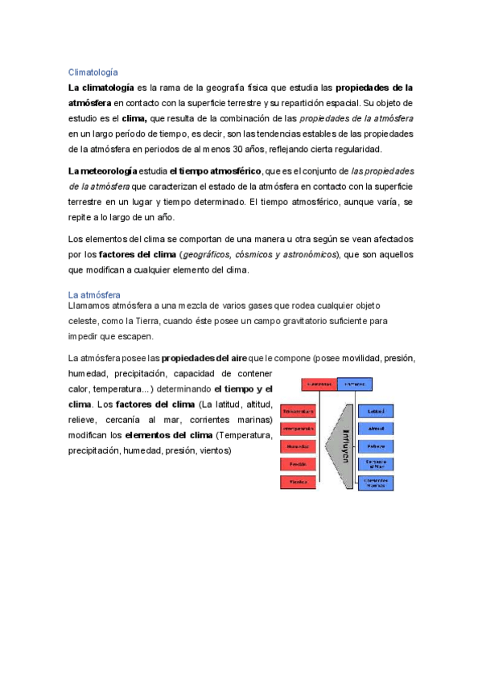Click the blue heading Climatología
(x=94, y=72)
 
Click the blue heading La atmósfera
(x=94, y=296)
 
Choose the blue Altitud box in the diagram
(x=376, y=428)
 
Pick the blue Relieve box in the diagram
(x=376, y=446)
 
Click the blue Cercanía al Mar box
(x=376, y=464)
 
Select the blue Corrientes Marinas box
(x=376, y=483)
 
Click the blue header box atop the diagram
(x=355, y=384)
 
